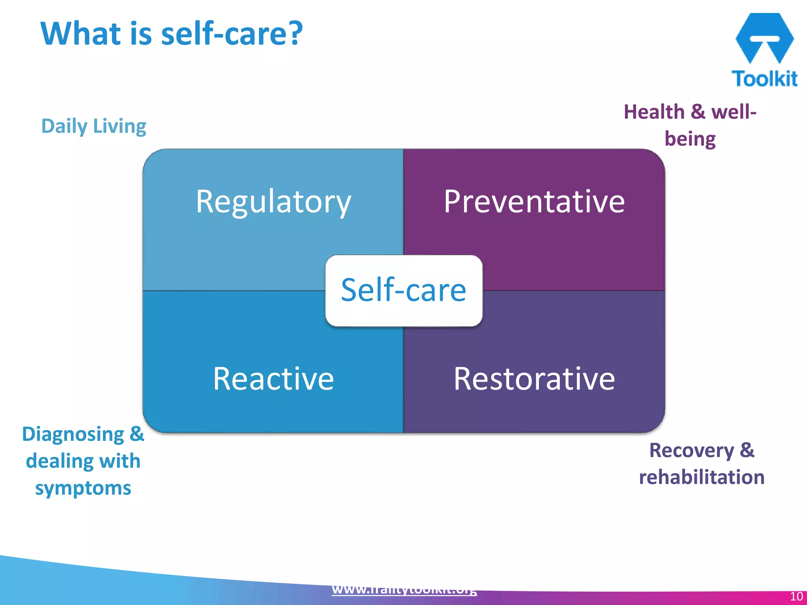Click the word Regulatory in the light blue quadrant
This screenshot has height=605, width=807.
[273, 202]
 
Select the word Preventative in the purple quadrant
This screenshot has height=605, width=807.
[534, 202]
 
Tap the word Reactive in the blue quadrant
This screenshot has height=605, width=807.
[273, 379]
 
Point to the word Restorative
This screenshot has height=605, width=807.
[534, 379]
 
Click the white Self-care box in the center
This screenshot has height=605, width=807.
[403, 291]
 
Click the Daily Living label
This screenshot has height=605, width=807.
[94, 126]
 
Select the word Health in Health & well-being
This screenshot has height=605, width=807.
[654, 112]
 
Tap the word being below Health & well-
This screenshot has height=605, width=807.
[690, 139]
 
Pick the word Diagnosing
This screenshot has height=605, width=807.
[73, 434]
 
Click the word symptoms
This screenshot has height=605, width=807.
[83, 488]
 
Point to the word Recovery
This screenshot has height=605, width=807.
[692, 450]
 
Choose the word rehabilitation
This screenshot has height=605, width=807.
[701, 477]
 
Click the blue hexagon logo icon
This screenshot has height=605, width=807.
[764, 38]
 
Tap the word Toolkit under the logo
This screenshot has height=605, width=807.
[764, 78]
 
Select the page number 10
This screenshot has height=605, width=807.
[796, 596]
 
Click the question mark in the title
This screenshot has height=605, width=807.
[294, 33]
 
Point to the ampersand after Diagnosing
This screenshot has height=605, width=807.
[137, 434]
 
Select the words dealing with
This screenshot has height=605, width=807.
[83, 461]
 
